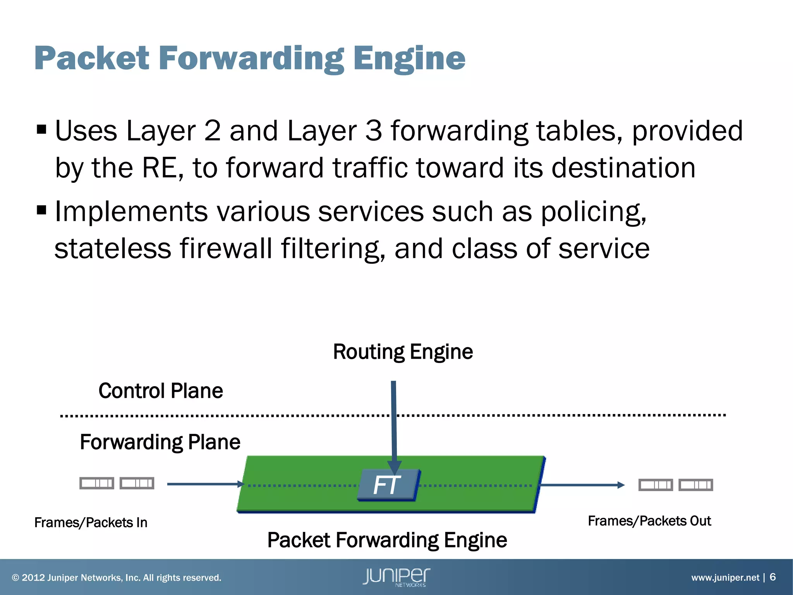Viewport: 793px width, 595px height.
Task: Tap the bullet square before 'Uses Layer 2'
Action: [41, 129]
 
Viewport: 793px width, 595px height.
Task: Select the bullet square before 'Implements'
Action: [41, 210]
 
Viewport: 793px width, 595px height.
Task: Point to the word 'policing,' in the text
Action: [594, 212]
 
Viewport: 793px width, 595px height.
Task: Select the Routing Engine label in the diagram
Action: [403, 352]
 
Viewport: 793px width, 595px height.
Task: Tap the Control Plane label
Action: [161, 390]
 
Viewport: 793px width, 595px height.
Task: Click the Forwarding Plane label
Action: [160, 442]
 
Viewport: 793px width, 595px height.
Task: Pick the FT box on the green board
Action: [387, 485]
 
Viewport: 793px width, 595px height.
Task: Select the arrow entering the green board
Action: [205, 484]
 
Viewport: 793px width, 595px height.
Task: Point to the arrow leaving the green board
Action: [581, 485]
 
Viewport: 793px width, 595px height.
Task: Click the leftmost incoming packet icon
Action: [97, 483]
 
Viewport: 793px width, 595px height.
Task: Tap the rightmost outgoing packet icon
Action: [696, 485]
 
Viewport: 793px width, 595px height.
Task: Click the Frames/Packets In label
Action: [91, 523]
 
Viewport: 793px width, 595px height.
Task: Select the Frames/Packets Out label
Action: [649, 521]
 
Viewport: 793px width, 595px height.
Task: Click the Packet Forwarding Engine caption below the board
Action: [387, 540]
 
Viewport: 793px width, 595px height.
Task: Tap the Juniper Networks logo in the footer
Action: [396, 577]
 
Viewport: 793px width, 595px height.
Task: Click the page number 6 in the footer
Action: [772, 577]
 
